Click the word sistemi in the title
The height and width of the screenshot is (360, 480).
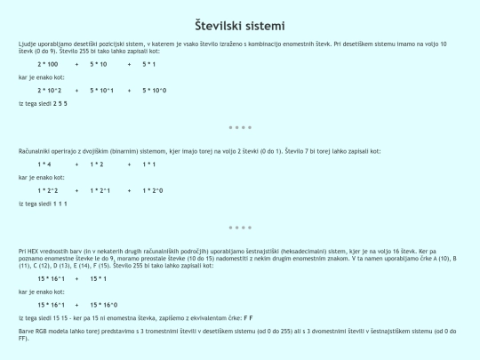(x=267, y=25)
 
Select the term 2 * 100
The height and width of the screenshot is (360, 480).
(x=48, y=65)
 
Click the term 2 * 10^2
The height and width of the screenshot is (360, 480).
(x=49, y=90)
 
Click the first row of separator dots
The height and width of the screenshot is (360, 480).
(x=240, y=127)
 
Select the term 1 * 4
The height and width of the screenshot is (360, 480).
(x=44, y=164)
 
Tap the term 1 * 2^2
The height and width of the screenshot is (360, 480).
(x=47, y=190)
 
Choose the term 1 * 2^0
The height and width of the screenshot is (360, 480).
(x=154, y=190)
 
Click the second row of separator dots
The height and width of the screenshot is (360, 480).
(x=240, y=228)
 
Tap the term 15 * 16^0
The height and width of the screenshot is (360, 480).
(x=111, y=304)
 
